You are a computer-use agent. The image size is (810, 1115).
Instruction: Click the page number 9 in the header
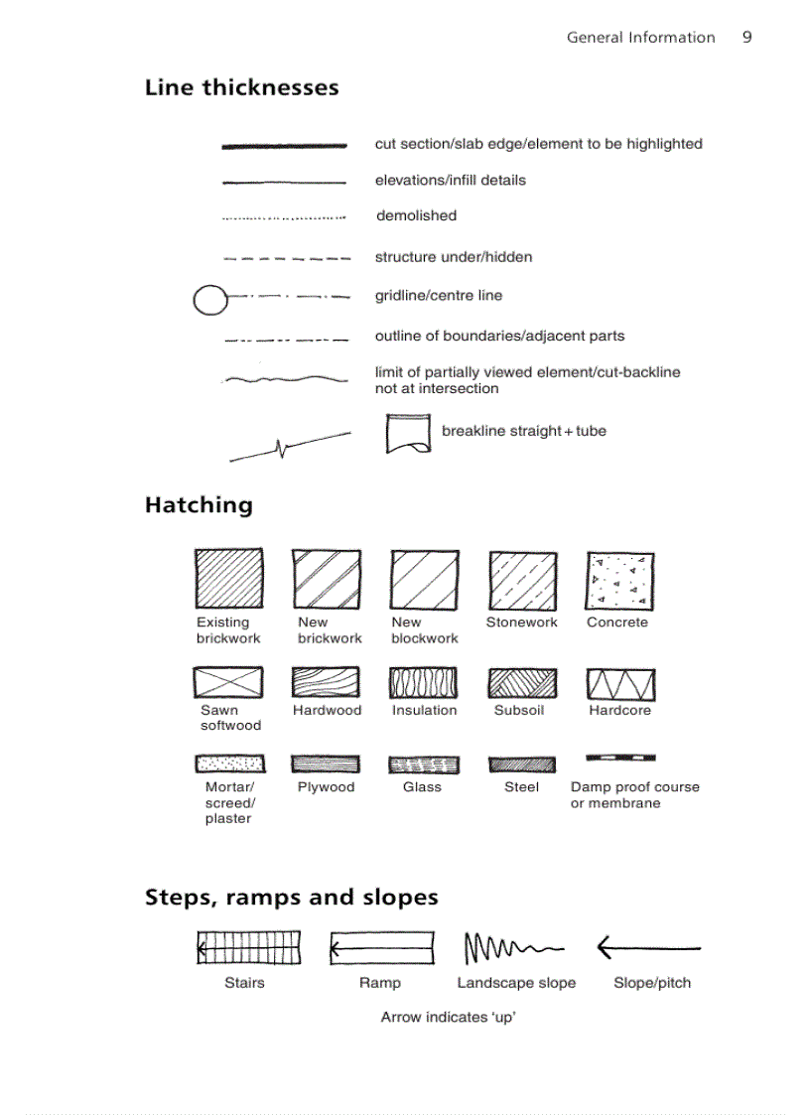tap(746, 38)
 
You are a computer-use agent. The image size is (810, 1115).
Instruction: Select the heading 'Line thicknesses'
tap(241, 87)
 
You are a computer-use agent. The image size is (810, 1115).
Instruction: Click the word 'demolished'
tap(416, 215)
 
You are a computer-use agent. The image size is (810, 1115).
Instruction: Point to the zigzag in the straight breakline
tap(283, 449)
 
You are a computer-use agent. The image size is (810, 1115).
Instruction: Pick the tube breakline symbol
tap(408, 434)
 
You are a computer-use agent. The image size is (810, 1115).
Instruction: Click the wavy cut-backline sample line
tap(284, 378)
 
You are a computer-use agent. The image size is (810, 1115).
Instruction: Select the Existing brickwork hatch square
tap(228, 579)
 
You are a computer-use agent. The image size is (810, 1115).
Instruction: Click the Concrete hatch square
tap(620, 580)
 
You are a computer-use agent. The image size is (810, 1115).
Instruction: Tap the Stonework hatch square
tap(522, 580)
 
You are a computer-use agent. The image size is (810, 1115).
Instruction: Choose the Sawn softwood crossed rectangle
tap(228, 683)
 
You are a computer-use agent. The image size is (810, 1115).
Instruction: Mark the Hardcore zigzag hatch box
tap(620, 684)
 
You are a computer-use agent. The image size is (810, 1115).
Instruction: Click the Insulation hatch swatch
tap(424, 684)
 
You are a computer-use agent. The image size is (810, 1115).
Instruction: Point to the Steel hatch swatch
tap(522, 765)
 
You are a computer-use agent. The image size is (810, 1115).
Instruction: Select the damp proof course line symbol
tap(620, 758)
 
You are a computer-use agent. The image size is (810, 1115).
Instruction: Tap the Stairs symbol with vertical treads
tap(248, 947)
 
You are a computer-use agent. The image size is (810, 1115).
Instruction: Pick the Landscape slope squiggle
tap(513, 949)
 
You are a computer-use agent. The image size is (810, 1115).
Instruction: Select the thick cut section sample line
tap(284, 146)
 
